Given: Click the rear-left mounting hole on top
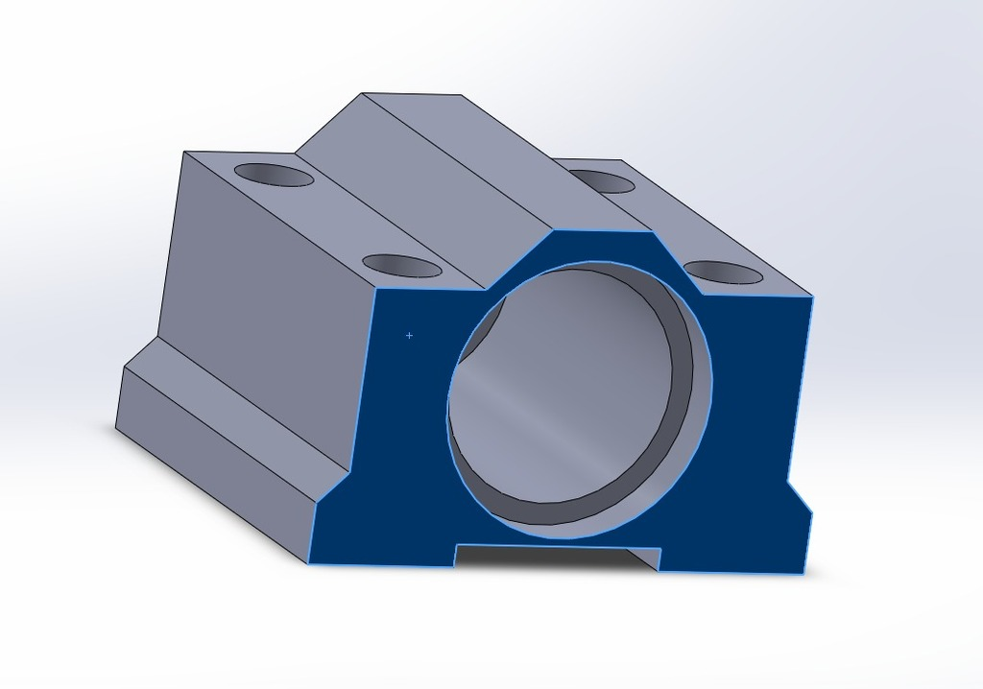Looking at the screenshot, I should (274, 176).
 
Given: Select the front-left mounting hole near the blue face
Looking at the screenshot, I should (401, 266).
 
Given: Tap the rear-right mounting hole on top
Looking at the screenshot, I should (601, 181).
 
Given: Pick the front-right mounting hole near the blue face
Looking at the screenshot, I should (725, 273).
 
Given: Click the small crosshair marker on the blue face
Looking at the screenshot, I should (410, 336).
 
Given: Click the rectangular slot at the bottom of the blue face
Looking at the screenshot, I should (557, 554).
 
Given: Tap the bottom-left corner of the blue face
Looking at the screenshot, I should (310, 562).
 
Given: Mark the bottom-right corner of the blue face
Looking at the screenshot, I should (803, 573).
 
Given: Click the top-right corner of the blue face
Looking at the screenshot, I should (812, 297).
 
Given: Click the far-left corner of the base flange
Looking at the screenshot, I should (116, 428).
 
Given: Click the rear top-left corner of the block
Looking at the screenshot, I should (183, 152).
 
